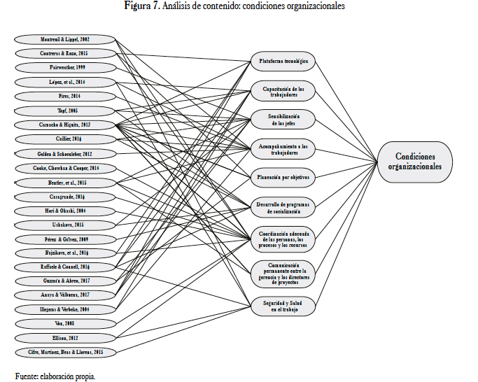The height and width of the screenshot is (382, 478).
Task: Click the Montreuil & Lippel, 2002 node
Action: pos(64,38)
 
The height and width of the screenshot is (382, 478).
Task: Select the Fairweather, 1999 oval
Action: pos(64,68)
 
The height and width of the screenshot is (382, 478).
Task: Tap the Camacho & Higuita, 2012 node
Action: pos(64,125)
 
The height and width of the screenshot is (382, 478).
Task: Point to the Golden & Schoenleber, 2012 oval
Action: pos(64,153)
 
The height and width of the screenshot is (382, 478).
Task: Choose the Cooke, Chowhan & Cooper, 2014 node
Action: pos(64,168)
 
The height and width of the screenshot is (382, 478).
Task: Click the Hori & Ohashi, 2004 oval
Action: pos(64,211)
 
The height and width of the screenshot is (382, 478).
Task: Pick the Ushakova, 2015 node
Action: pos(64,225)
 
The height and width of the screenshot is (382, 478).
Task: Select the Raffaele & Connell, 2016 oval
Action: pos(64,267)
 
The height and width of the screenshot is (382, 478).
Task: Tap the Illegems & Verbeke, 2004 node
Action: pos(64,309)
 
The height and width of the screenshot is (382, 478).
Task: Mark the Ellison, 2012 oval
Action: pos(64,337)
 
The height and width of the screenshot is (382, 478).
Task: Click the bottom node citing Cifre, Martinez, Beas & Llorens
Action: pos(64,351)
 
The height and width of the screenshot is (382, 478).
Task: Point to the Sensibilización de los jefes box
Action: pos(283,119)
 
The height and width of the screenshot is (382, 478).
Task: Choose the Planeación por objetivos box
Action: pos(283,177)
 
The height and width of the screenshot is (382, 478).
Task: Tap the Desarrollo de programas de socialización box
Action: pos(283,206)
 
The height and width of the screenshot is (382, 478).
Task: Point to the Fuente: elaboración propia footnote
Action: pos(55,376)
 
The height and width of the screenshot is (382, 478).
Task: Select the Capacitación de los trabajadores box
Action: pos(283,90)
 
